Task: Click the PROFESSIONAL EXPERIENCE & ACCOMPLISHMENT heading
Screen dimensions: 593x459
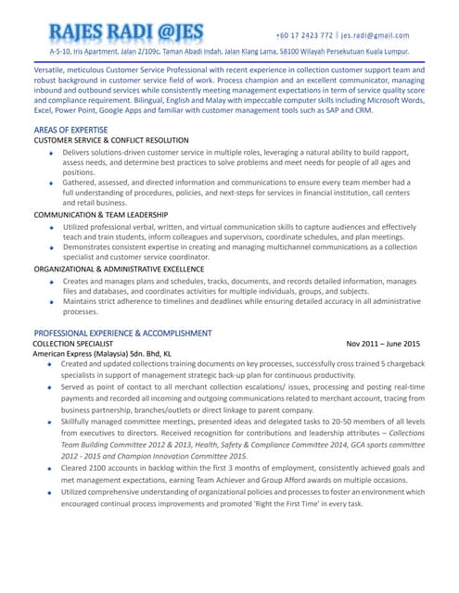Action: [x=122, y=333]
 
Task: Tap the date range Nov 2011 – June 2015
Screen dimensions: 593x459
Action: [x=383, y=343]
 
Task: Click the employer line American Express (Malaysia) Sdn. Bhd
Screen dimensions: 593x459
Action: [x=102, y=354]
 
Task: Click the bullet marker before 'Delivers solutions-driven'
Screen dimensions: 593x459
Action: [x=51, y=152]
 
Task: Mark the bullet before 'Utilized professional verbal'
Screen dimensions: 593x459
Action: [x=51, y=227]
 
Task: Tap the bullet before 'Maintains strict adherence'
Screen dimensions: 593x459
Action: [x=51, y=302]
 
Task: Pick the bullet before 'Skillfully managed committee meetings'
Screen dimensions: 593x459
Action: [x=51, y=421]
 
